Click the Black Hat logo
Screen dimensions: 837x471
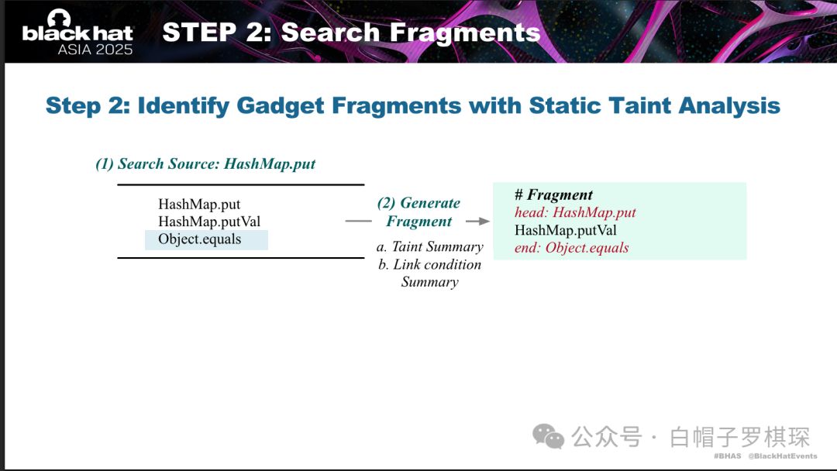(x=77, y=32)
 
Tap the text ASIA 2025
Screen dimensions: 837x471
(x=95, y=50)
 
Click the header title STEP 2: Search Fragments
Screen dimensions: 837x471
(x=351, y=32)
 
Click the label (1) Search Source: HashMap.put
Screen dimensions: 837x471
(x=205, y=163)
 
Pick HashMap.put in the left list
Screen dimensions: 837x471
(x=199, y=205)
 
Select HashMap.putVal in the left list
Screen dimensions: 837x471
(x=209, y=222)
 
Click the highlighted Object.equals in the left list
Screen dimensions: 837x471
(x=200, y=239)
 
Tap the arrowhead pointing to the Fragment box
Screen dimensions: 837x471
(x=484, y=221)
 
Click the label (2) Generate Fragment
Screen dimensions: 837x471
(x=419, y=211)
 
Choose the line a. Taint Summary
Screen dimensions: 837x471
(x=429, y=246)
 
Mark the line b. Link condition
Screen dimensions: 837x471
(x=429, y=264)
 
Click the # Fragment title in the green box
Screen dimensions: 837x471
(x=553, y=194)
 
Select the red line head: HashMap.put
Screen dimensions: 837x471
(x=575, y=212)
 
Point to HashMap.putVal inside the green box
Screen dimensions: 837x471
(x=565, y=230)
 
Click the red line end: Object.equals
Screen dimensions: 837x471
(x=571, y=247)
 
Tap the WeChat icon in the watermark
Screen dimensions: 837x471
(x=548, y=437)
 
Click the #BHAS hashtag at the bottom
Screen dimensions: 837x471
(x=727, y=456)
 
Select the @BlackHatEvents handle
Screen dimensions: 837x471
(x=783, y=456)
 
